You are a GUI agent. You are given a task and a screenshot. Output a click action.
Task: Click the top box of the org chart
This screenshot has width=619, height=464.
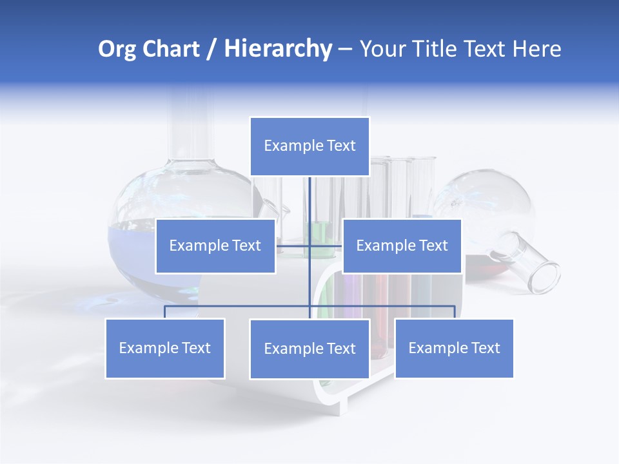(x=309, y=146)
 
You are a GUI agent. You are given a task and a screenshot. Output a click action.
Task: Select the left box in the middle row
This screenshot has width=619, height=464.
(x=215, y=246)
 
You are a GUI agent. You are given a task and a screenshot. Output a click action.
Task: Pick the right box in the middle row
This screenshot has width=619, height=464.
(x=402, y=246)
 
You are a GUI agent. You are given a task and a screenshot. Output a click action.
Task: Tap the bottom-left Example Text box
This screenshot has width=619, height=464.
(x=165, y=348)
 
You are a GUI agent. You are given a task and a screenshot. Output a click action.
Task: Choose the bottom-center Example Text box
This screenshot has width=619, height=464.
(x=309, y=349)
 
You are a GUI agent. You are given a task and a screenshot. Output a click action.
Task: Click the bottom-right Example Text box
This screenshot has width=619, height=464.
(x=454, y=348)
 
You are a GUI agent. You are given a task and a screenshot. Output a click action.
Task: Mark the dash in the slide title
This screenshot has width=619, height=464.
(x=345, y=49)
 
